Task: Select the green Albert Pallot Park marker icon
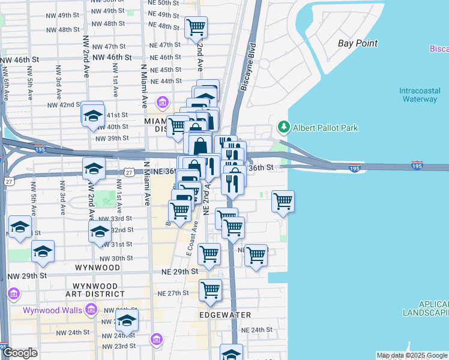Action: pyautogui.click(x=283, y=127)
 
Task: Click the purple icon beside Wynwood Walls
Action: pyautogui.click(x=91, y=310)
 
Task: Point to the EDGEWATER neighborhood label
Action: pyautogui.click(x=223, y=314)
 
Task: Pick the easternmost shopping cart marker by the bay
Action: pyautogui.click(x=283, y=201)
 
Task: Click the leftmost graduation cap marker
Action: pyautogui.click(x=20, y=228)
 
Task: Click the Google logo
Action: pyautogui.click(x=20, y=353)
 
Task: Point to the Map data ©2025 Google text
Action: pyautogui.click(x=412, y=355)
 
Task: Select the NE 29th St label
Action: pyautogui.click(x=179, y=271)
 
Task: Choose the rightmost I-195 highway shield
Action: pyautogui.click(x=417, y=164)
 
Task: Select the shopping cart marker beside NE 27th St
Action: pyautogui.click(x=210, y=290)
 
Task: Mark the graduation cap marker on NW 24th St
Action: pyautogui.click(x=127, y=322)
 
